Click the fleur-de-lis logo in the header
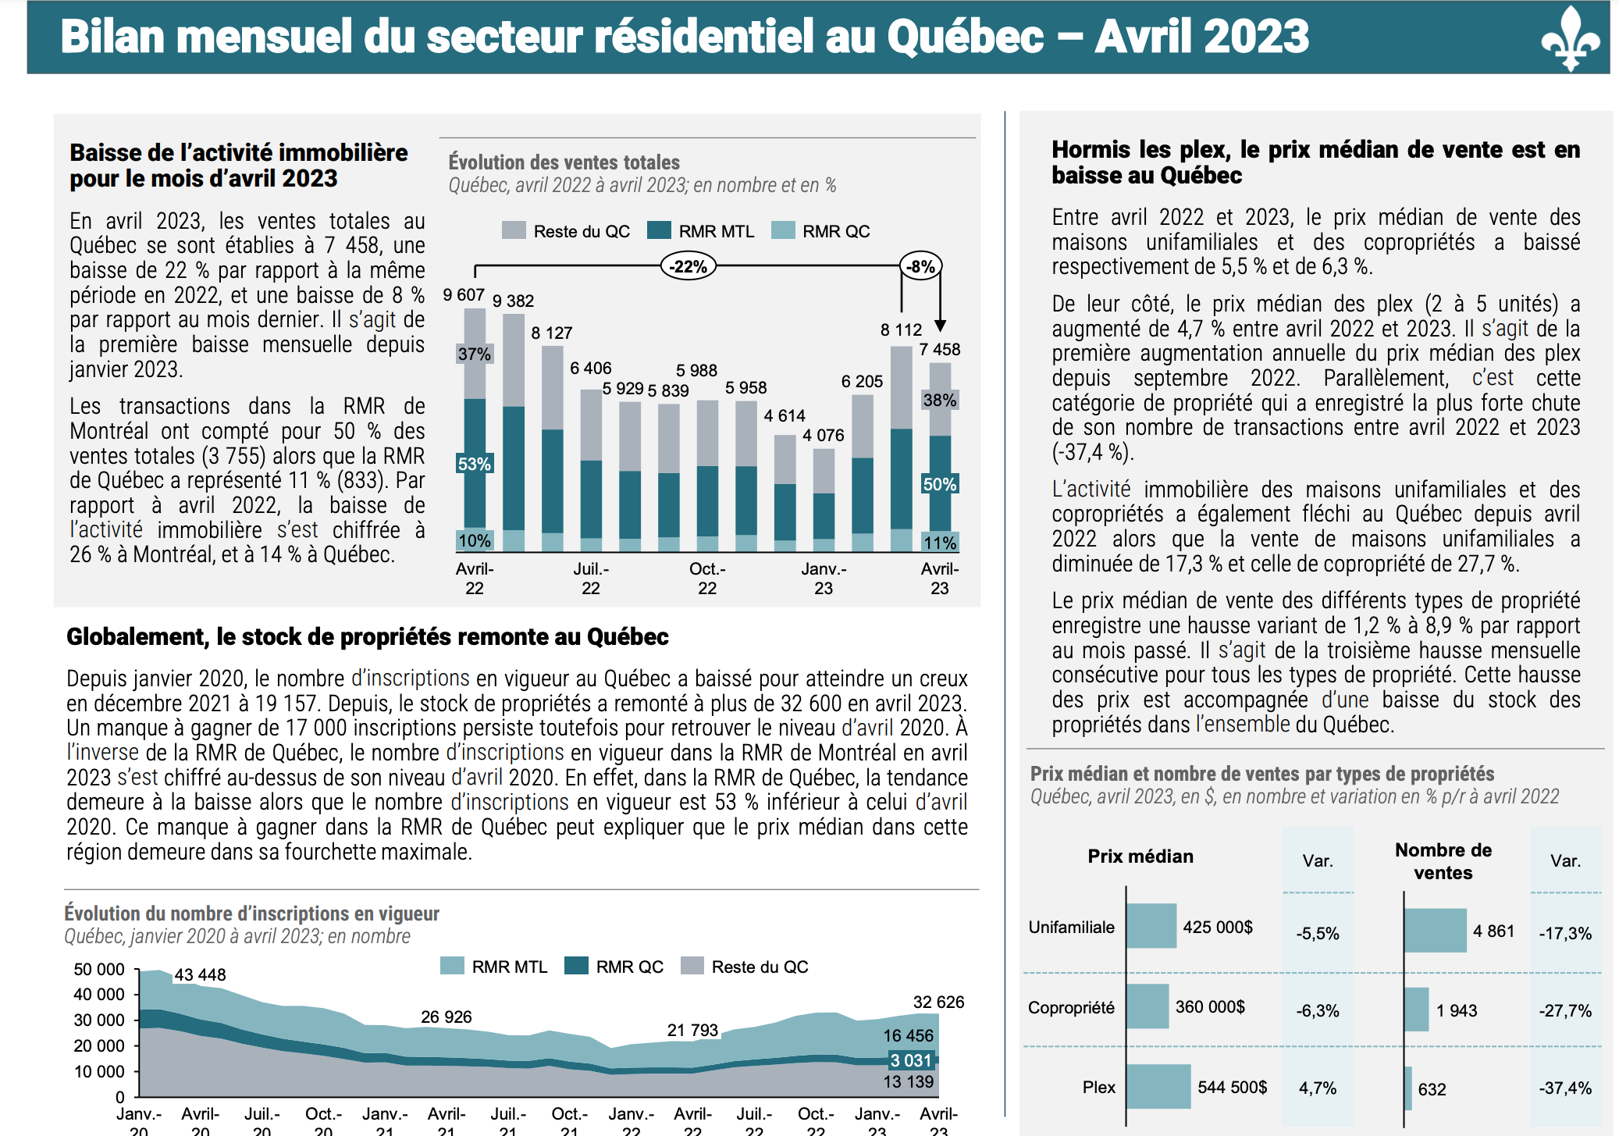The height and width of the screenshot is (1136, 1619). [1571, 39]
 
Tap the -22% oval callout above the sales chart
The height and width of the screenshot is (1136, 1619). [688, 266]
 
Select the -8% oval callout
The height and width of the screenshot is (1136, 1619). [921, 266]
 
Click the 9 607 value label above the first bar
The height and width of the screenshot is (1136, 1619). [464, 295]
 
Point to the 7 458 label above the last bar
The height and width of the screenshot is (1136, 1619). [939, 349]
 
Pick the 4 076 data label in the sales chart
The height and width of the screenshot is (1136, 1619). [823, 435]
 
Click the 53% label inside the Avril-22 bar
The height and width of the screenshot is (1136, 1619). [474, 464]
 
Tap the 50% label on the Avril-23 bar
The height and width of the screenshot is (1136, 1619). [939, 484]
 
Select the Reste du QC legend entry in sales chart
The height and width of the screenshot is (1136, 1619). [566, 231]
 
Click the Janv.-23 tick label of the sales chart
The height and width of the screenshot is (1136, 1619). [824, 579]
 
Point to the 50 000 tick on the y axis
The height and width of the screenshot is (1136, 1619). [99, 969]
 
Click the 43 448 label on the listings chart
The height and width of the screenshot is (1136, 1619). [200, 974]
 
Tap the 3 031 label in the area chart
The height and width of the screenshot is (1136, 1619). [911, 1060]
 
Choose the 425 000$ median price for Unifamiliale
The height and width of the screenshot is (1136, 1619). [1217, 927]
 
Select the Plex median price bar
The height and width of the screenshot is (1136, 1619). [1158, 1086]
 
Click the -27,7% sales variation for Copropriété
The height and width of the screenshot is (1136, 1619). [1564, 1010]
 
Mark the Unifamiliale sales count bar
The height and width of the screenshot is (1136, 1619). [1435, 930]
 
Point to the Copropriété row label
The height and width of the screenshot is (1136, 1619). [1071, 1007]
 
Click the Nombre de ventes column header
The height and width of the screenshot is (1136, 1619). [1443, 861]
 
